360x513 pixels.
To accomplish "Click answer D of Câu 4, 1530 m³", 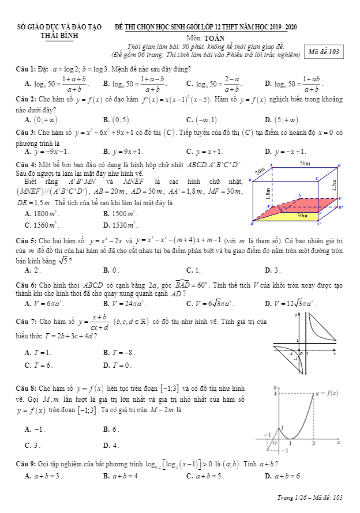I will coord(122,225).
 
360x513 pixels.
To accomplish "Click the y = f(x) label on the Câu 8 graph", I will coord(327,393).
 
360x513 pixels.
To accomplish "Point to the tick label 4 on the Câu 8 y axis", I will coord(275,394).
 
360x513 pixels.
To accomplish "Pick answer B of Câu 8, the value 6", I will coord(112,429).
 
